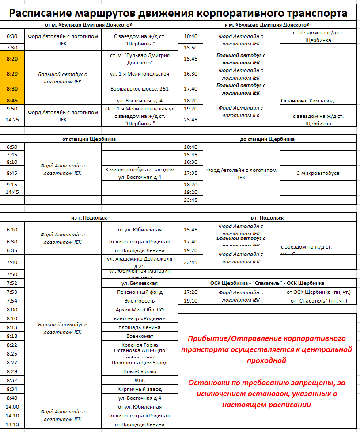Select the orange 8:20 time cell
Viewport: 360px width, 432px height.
pyautogui.click(x=12, y=59)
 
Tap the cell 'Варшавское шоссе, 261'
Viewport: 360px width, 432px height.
pyautogui.click(x=140, y=89)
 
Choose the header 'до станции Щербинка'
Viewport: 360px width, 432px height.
pyautogui.click(x=267, y=139)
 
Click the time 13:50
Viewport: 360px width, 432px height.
pyautogui.click(x=190, y=48)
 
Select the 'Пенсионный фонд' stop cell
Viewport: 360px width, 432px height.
pyautogui.click(x=140, y=292)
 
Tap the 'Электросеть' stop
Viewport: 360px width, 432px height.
pyautogui.click(x=140, y=301)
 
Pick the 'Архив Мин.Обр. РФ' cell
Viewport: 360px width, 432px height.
pyautogui.click(x=140, y=310)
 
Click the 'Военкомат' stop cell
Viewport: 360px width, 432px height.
pyautogui.click(x=140, y=336)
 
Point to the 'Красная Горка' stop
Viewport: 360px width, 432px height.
pyautogui.click(x=140, y=345)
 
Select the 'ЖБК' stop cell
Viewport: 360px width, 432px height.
pyautogui.click(x=140, y=380)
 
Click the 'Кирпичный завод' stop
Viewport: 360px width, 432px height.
pyautogui.click(x=140, y=389)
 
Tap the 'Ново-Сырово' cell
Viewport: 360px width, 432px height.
pyautogui.click(x=140, y=371)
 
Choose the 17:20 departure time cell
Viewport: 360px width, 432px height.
pyautogui.click(x=190, y=292)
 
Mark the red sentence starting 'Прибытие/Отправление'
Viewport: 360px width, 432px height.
pyautogui.click(x=266, y=349)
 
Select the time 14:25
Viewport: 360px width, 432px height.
pyautogui.click(x=12, y=119)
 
